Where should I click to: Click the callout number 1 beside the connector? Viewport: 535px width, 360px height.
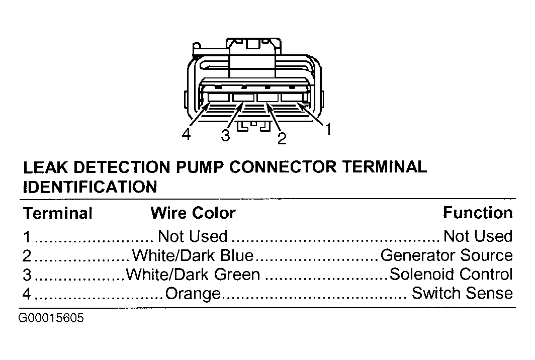pos(328,129)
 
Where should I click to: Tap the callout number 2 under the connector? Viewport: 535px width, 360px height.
pos(282,139)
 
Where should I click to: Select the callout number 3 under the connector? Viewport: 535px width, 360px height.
pos(226,135)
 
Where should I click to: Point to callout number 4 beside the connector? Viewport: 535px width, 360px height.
pos(186,134)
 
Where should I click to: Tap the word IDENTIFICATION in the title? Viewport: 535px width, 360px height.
pos(90,187)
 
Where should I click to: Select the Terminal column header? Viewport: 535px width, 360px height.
pos(58,213)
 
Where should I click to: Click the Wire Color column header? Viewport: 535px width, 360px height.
pos(193,213)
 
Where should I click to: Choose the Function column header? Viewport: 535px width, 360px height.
pos(478,213)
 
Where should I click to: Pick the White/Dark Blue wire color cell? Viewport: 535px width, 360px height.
pos(193,255)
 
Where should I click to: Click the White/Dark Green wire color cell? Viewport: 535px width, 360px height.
pos(193,275)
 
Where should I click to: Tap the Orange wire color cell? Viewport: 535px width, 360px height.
pos(193,294)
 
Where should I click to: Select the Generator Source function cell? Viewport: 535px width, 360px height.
pos(447,255)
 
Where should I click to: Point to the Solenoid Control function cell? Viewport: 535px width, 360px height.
pos(451,274)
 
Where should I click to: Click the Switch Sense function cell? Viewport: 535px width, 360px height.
pos(462,293)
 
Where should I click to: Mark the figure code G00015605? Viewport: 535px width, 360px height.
pos(51,318)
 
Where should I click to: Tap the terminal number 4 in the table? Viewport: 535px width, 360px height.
pos(27,294)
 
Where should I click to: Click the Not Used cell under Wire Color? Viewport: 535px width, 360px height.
pos(193,236)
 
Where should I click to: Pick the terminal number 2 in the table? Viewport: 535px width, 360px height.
pos(27,255)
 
